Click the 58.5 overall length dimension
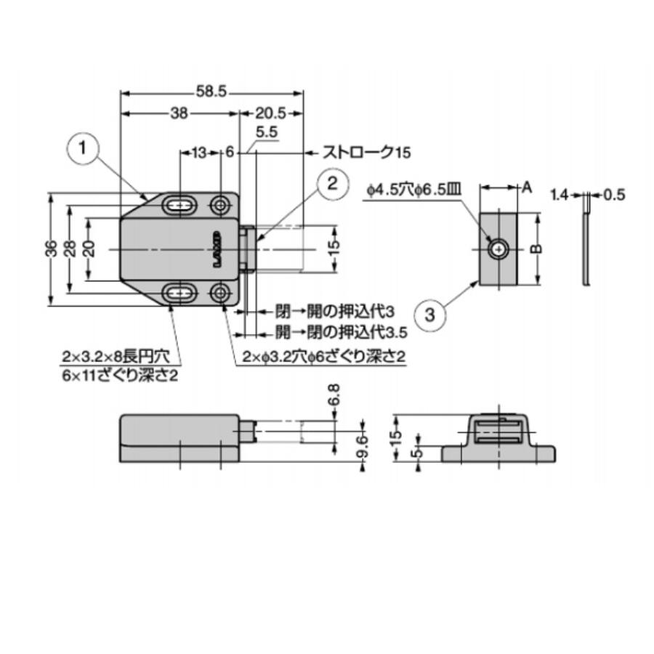211,92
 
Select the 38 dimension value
179,113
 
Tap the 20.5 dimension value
271,113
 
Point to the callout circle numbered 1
83,148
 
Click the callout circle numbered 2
332,184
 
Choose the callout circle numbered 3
429,315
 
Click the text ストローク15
366,153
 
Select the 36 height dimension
52,249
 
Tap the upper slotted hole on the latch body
179,205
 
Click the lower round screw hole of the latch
219,294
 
